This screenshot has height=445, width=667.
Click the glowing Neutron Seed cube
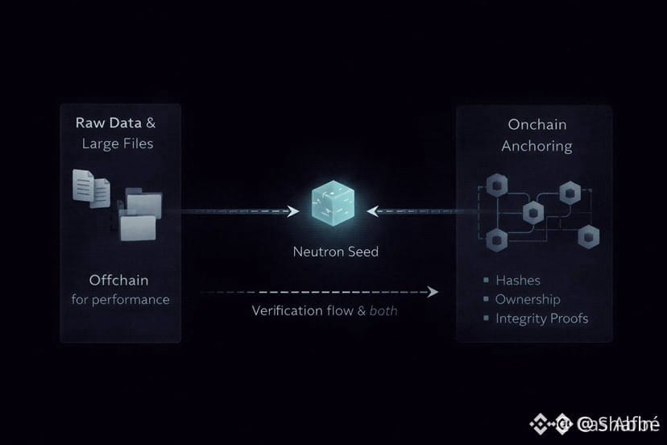(332, 208)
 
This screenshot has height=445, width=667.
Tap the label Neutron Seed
(335, 252)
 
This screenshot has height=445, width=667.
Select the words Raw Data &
(116, 123)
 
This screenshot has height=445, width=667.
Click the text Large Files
(118, 144)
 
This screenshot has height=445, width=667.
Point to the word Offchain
(120, 280)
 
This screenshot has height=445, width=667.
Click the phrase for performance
(120, 300)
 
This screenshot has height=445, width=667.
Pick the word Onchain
(537, 124)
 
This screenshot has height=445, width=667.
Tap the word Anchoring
(536, 146)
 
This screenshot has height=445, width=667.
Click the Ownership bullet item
(527, 299)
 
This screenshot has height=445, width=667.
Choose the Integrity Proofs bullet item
(541, 318)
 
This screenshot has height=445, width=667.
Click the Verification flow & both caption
(324, 310)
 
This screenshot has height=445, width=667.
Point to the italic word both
(383, 310)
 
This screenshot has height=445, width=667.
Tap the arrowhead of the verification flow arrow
(433, 291)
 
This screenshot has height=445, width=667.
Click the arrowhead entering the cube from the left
(294, 211)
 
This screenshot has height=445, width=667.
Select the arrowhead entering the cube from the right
(372, 211)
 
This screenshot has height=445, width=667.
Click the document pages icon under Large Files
(91, 188)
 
